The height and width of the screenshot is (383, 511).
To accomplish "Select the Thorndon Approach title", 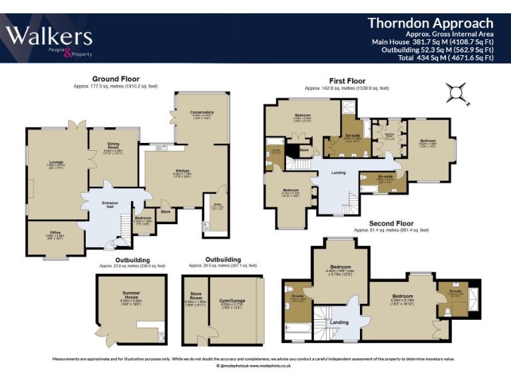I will pyautogui.click(x=430, y=23).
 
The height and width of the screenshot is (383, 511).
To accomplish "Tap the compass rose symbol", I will pyautogui.click(x=457, y=94).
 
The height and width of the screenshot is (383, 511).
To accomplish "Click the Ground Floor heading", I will pyautogui.click(x=116, y=78).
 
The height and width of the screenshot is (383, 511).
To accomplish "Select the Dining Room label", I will pyautogui.click(x=112, y=146).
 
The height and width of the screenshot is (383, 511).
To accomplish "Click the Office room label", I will pyautogui.click(x=55, y=233).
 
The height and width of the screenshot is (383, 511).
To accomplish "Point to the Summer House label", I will pyautogui.click(x=130, y=294).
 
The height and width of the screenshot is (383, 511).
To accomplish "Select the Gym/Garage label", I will pyautogui.click(x=233, y=301).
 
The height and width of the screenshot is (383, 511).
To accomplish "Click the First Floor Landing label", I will pyautogui.click(x=338, y=173).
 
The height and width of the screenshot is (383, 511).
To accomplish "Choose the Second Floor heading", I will pyautogui.click(x=391, y=223).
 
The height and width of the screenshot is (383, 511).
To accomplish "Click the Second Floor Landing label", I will pyautogui.click(x=339, y=322).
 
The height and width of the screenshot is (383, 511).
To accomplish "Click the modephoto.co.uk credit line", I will pyautogui.click(x=255, y=366).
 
